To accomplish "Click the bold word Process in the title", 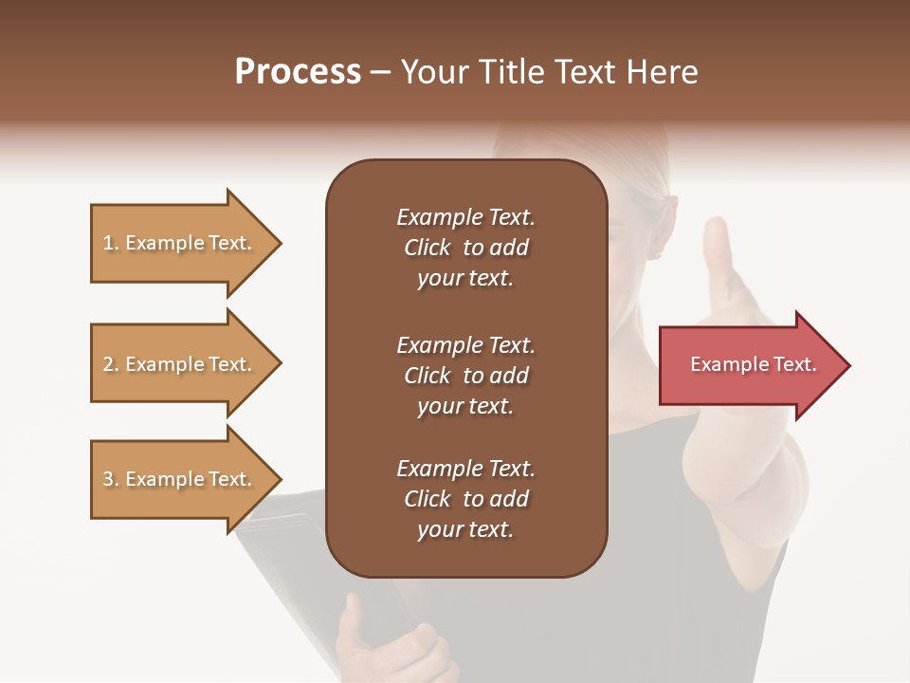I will point(298,72).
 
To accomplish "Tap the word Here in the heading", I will point(663,72).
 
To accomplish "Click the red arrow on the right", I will point(753,365).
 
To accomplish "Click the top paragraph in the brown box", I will point(465,248).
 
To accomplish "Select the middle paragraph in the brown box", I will point(465,376).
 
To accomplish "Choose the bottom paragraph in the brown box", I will point(465,499).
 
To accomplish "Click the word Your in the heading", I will point(433,72).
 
